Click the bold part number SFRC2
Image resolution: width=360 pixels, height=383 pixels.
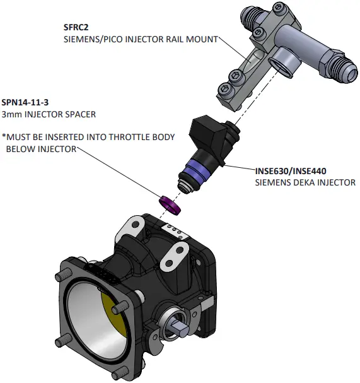click(x=78, y=27)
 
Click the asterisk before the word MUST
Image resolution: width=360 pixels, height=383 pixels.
click(x=4, y=137)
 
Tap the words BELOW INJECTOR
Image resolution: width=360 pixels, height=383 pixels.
click(x=41, y=149)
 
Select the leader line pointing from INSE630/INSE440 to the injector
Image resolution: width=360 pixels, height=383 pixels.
click(x=240, y=168)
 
